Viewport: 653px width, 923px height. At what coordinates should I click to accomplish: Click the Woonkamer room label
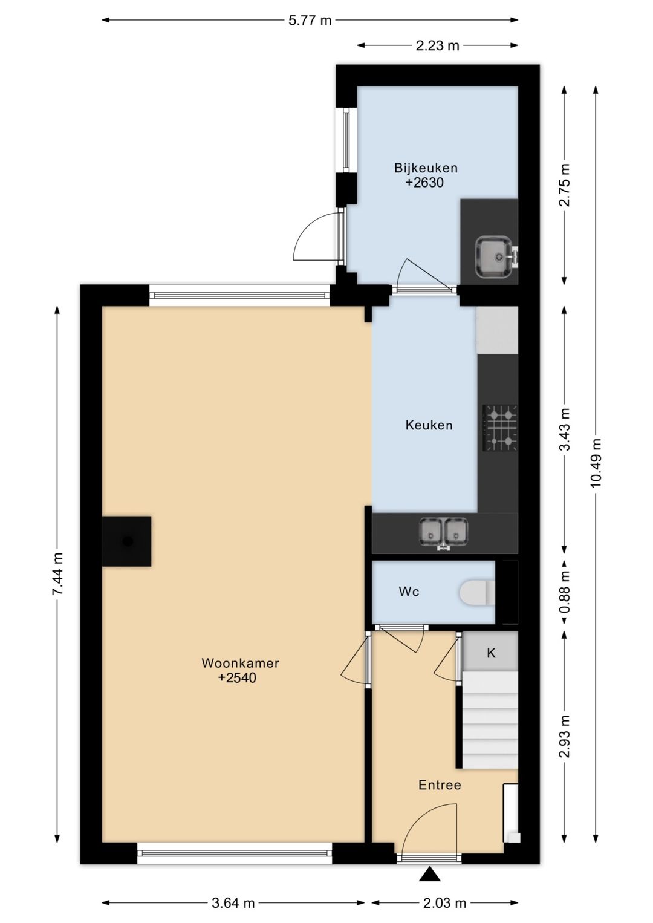[x=240, y=663]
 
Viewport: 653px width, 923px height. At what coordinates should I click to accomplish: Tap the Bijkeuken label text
[x=426, y=168]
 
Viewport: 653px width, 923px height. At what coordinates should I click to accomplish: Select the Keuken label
[x=429, y=425]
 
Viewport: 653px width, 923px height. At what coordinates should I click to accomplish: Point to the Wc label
[x=409, y=592]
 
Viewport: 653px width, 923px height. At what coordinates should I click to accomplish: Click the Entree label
[x=440, y=785]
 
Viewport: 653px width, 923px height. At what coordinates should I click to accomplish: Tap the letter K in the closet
[x=491, y=653]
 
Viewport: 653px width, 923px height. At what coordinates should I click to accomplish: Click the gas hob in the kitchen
[x=500, y=428]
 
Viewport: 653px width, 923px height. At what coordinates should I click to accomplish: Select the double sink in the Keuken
[x=443, y=533]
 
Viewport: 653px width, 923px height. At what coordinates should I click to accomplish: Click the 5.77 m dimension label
[x=310, y=20]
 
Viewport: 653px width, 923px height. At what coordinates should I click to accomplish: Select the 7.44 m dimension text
[x=57, y=573]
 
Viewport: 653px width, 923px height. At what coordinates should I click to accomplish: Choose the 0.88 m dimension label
[x=565, y=592]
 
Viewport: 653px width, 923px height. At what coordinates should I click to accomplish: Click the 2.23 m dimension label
[x=437, y=45]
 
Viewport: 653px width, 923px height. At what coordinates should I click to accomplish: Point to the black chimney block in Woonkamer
[x=126, y=541]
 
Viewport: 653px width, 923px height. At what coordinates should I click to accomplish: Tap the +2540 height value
[x=237, y=677]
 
